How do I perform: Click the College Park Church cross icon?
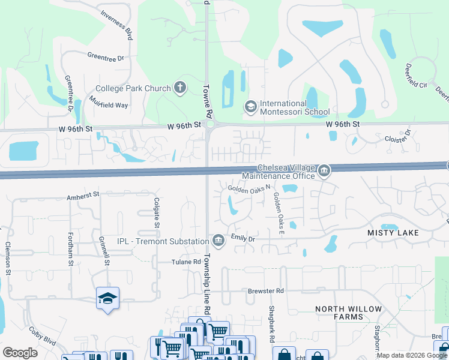(x=179, y=88)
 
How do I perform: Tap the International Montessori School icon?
(x=250, y=107)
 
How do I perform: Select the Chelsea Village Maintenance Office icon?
(x=324, y=172)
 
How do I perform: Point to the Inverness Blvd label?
(x=116, y=25)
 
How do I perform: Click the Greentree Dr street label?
(x=105, y=58)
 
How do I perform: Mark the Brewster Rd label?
(x=265, y=290)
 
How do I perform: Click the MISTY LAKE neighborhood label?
(x=393, y=232)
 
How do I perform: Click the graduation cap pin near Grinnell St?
(x=107, y=298)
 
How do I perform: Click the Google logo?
(x=20, y=353)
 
